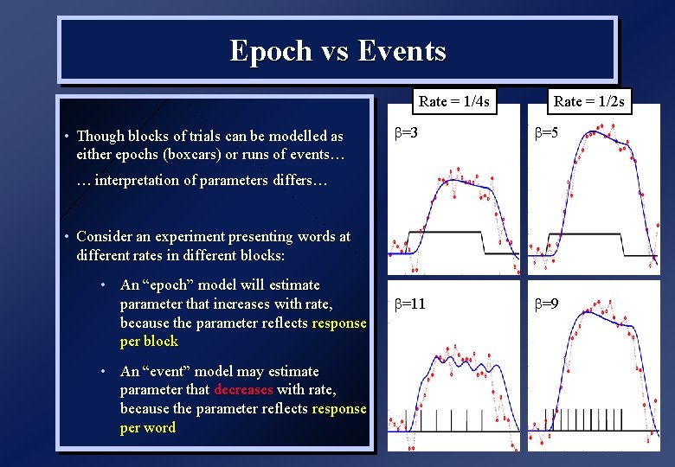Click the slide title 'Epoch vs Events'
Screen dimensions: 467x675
tap(337, 51)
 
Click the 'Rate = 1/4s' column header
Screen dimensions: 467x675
tap(453, 102)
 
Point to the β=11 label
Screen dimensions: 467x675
tap(409, 304)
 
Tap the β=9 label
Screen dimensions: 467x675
tap(545, 304)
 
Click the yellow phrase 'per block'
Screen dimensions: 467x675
tap(149, 342)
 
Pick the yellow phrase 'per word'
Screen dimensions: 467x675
tap(147, 428)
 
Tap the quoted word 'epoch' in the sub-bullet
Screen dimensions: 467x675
tap(170, 285)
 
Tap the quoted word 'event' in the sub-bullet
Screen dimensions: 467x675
tap(169, 371)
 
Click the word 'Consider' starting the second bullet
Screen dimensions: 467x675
tap(105, 236)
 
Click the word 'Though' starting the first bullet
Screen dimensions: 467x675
tap(100, 136)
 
